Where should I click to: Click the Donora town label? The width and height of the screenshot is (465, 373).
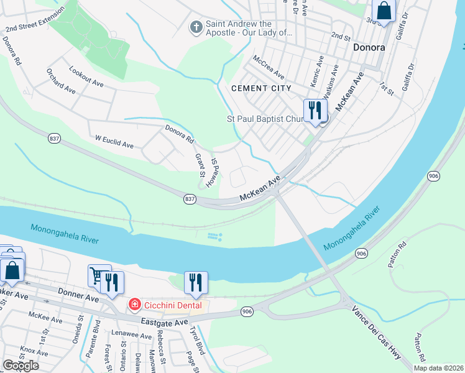coord(369,47)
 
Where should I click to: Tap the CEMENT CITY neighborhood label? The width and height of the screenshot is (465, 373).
coord(261,88)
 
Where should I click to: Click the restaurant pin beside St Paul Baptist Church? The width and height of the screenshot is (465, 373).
coord(315,110)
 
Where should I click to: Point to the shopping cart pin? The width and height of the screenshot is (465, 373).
coord(97,276)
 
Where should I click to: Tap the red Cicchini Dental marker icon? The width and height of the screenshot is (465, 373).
coord(134,305)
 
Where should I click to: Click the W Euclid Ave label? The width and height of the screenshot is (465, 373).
coord(114,141)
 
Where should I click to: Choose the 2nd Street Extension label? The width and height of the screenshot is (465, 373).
coord(34,21)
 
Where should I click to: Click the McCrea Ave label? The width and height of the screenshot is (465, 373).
coord(267,63)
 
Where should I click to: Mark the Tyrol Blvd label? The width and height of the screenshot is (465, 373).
coord(197,340)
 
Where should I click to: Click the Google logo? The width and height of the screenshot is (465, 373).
coord(21,366)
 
